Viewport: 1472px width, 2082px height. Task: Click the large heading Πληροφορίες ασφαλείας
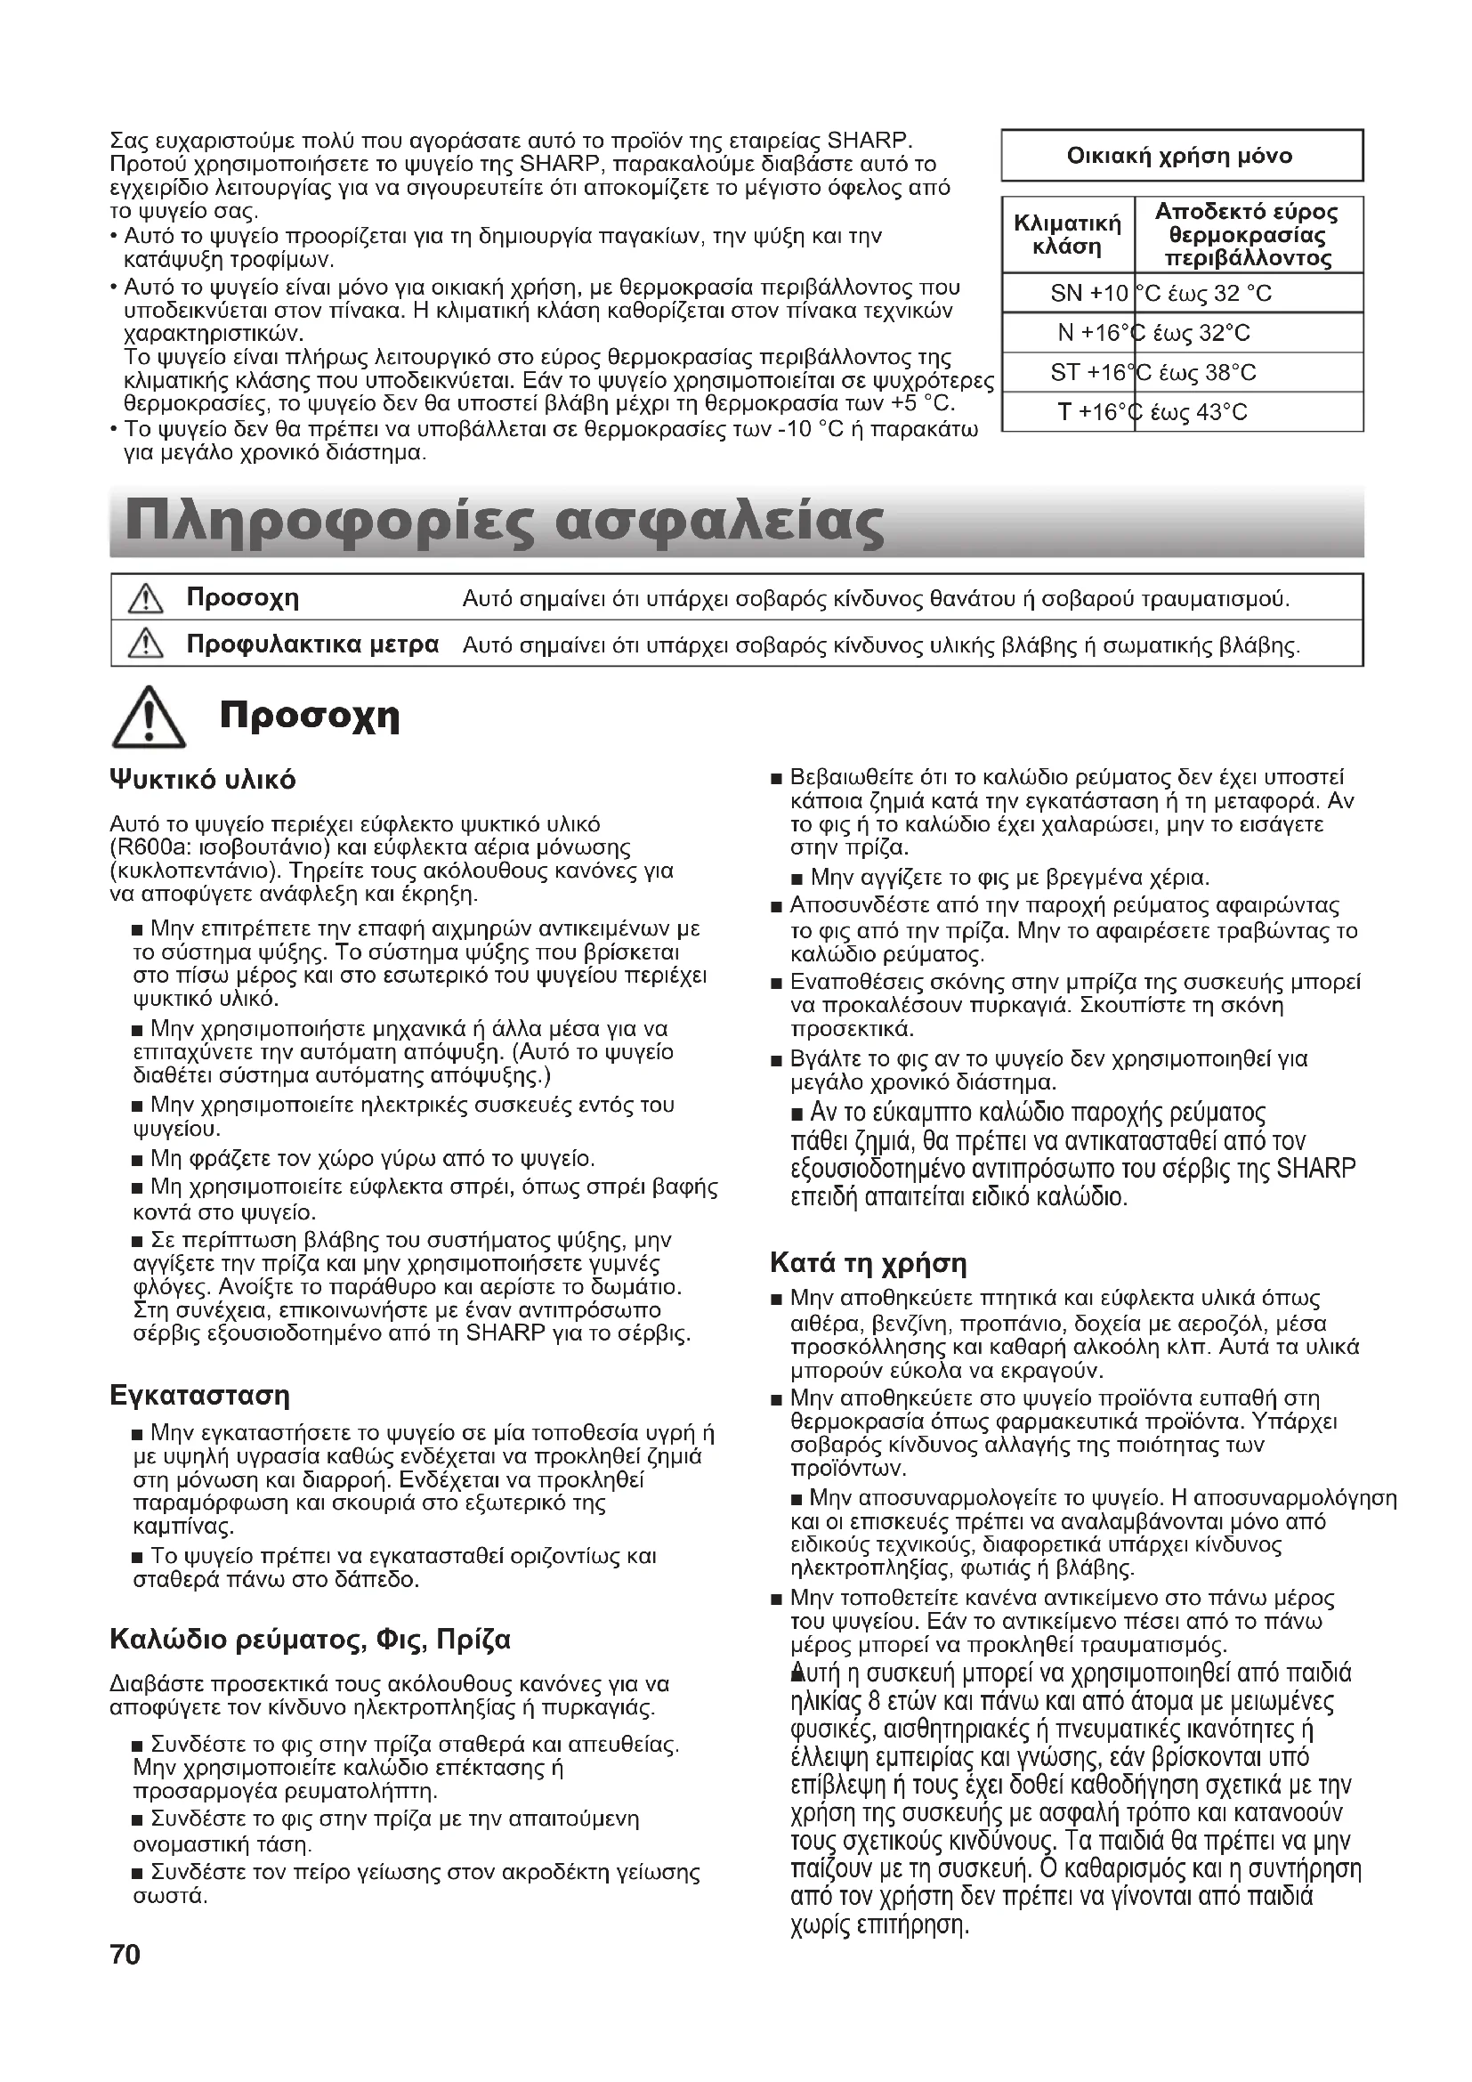(504, 523)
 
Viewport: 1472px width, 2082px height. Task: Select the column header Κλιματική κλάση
(1067, 235)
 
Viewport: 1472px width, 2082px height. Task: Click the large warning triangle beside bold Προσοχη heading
(149, 718)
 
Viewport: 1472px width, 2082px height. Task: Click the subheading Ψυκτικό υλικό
(202, 780)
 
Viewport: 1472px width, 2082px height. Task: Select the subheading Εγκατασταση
(199, 1396)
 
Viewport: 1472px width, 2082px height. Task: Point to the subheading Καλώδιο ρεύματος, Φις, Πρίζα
(310, 1640)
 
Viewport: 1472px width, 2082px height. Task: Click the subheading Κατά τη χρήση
(868, 1263)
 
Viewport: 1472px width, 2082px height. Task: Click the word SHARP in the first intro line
(869, 142)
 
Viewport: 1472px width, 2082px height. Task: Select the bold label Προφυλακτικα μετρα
(312, 644)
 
